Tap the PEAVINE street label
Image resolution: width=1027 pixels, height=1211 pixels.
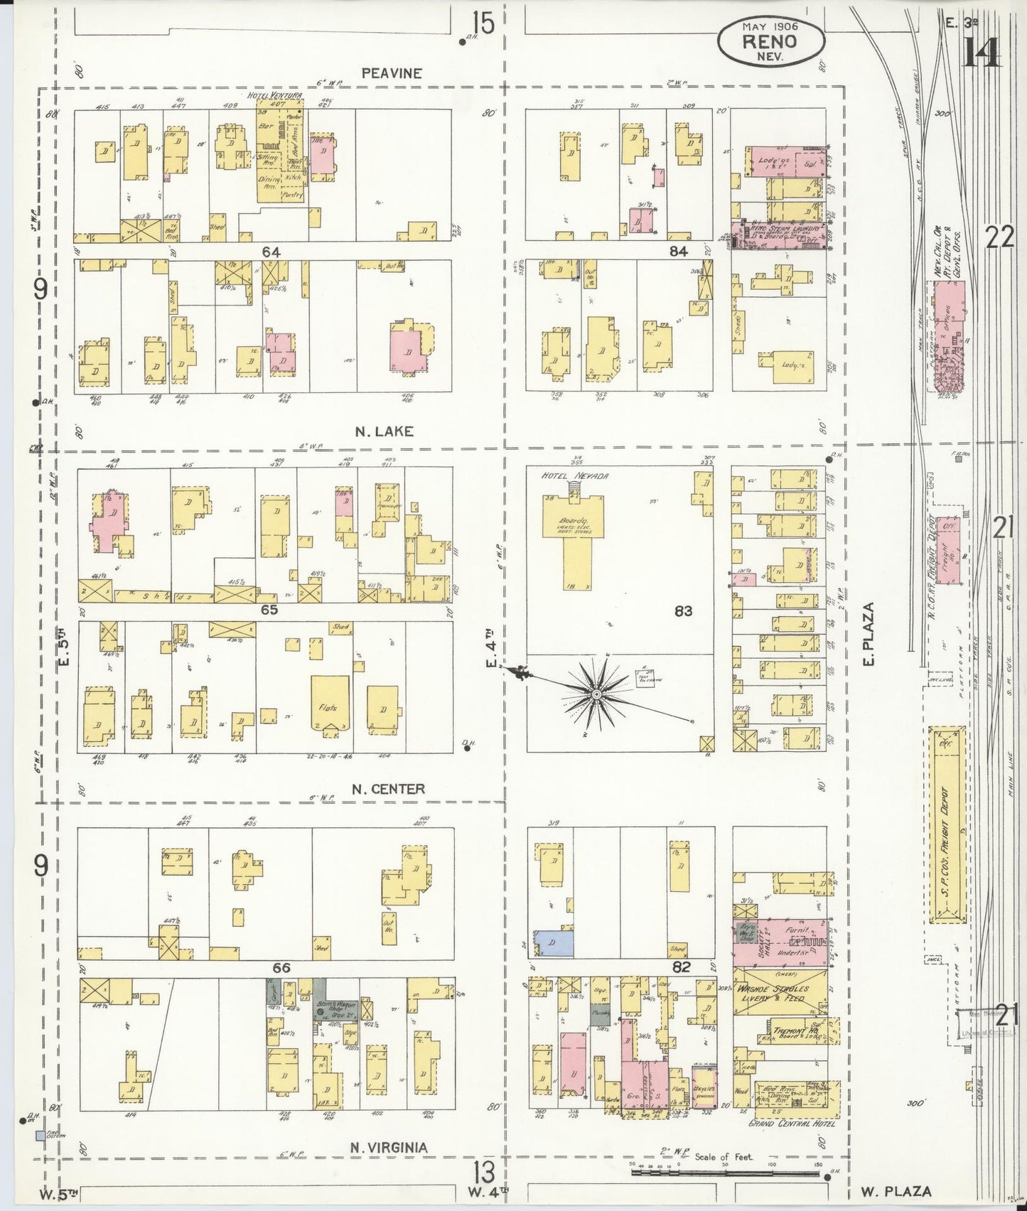[392, 72]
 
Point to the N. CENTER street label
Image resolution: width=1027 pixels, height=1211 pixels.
[389, 788]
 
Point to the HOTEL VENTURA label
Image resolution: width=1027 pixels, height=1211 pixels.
[274, 95]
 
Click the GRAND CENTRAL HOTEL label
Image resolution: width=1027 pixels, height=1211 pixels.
[792, 1124]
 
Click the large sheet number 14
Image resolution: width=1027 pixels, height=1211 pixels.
[982, 51]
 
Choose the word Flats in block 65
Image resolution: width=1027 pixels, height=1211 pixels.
[330, 708]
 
